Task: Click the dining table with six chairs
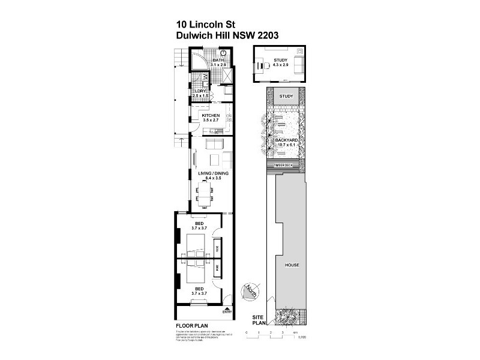click(x=205, y=194)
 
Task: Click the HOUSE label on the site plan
click(x=292, y=265)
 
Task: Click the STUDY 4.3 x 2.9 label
click(x=280, y=62)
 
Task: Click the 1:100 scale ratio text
click(x=302, y=338)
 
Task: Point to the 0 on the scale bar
click(x=247, y=332)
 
